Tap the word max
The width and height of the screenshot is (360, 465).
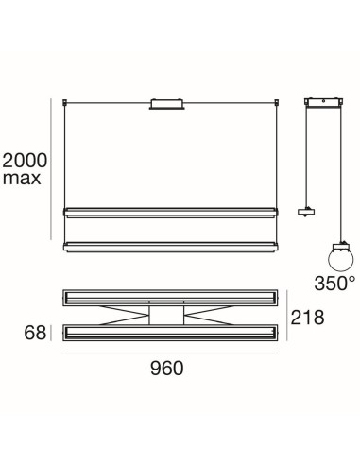(22, 178)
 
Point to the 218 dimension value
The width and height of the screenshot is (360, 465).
(307, 318)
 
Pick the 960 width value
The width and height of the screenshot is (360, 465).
(166, 369)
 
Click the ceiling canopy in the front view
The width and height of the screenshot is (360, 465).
(166, 102)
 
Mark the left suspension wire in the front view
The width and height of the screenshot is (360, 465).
(63, 151)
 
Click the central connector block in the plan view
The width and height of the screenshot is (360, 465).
(167, 315)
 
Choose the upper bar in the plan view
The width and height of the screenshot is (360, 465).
(167, 297)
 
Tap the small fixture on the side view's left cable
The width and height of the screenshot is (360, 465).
(304, 211)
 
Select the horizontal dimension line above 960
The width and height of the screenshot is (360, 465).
(167, 353)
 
